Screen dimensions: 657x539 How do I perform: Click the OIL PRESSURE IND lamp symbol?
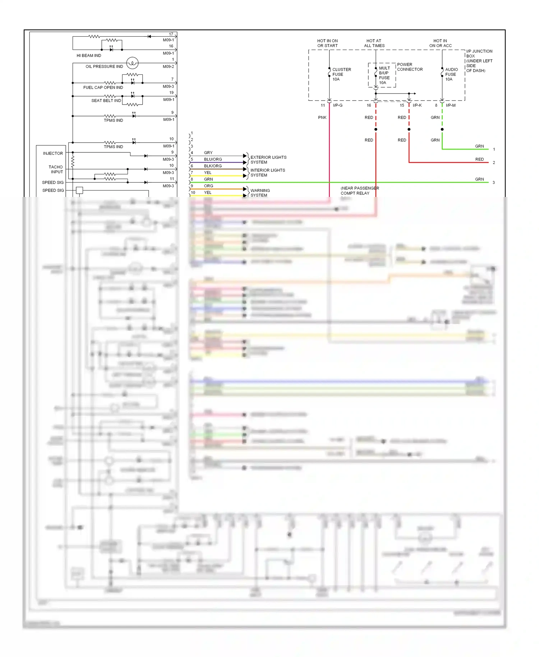[132, 63]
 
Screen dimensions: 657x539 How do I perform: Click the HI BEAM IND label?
[89, 55]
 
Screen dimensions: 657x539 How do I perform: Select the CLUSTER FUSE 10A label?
[341, 74]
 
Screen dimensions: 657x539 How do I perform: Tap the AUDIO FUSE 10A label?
[451, 74]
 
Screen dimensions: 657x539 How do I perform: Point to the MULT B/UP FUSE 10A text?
[384, 75]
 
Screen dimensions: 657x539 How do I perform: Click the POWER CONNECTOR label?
[410, 67]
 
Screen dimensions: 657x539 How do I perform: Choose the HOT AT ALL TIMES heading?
[374, 43]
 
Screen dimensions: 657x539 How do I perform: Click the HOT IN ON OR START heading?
[327, 43]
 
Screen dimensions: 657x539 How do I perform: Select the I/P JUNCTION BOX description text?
[479, 61]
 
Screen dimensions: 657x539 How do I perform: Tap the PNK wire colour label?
[322, 118]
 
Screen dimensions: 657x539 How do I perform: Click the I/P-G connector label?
[337, 105]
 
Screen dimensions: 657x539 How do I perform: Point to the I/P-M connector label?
[451, 105]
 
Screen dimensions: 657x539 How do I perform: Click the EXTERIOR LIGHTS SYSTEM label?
[268, 160]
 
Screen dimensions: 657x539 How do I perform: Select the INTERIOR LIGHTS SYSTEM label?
[267, 173]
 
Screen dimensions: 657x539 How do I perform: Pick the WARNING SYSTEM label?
[260, 193]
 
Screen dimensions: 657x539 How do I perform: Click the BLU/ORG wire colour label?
[213, 159]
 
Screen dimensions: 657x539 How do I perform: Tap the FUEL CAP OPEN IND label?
[103, 87]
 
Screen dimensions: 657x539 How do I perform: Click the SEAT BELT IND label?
[106, 101]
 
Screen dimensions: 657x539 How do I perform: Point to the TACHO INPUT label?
[56, 169]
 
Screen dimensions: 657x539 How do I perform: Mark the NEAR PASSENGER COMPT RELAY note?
[359, 191]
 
